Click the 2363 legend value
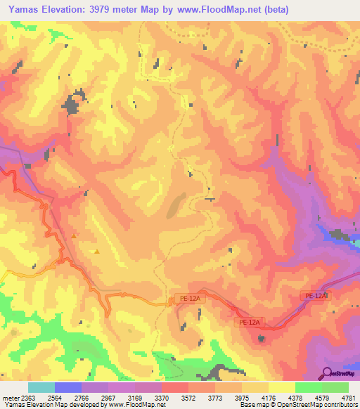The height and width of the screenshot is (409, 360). pyautogui.click(x=27, y=398)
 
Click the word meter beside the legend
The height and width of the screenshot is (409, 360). pyautogui.click(x=8, y=398)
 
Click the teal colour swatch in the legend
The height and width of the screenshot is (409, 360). pyautogui.click(x=41, y=387)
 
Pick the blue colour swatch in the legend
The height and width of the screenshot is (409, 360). pyautogui.click(x=67, y=387)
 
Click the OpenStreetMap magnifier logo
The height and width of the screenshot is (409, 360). pyautogui.click(x=327, y=372)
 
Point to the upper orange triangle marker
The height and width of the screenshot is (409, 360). pyautogui.click(x=74, y=236)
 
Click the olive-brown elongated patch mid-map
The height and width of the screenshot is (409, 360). pyautogui.click(x=175, y=204)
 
